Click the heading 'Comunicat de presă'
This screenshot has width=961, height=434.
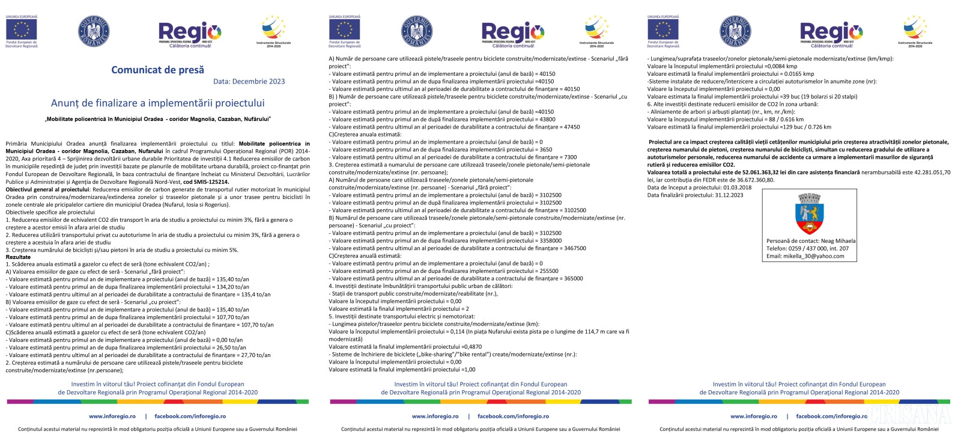point(157,70)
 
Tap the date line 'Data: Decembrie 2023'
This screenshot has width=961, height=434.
point(249,82)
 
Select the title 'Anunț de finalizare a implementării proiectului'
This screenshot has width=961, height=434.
point(157,103)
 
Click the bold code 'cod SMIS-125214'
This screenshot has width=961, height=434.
point(206,182)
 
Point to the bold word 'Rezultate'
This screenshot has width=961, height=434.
point(18,257)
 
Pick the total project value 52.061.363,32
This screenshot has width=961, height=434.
point(768,173)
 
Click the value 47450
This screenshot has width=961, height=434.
point(572,127)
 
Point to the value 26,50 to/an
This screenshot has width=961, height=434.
point(231,347)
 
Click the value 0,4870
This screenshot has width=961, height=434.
point(472,347)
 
